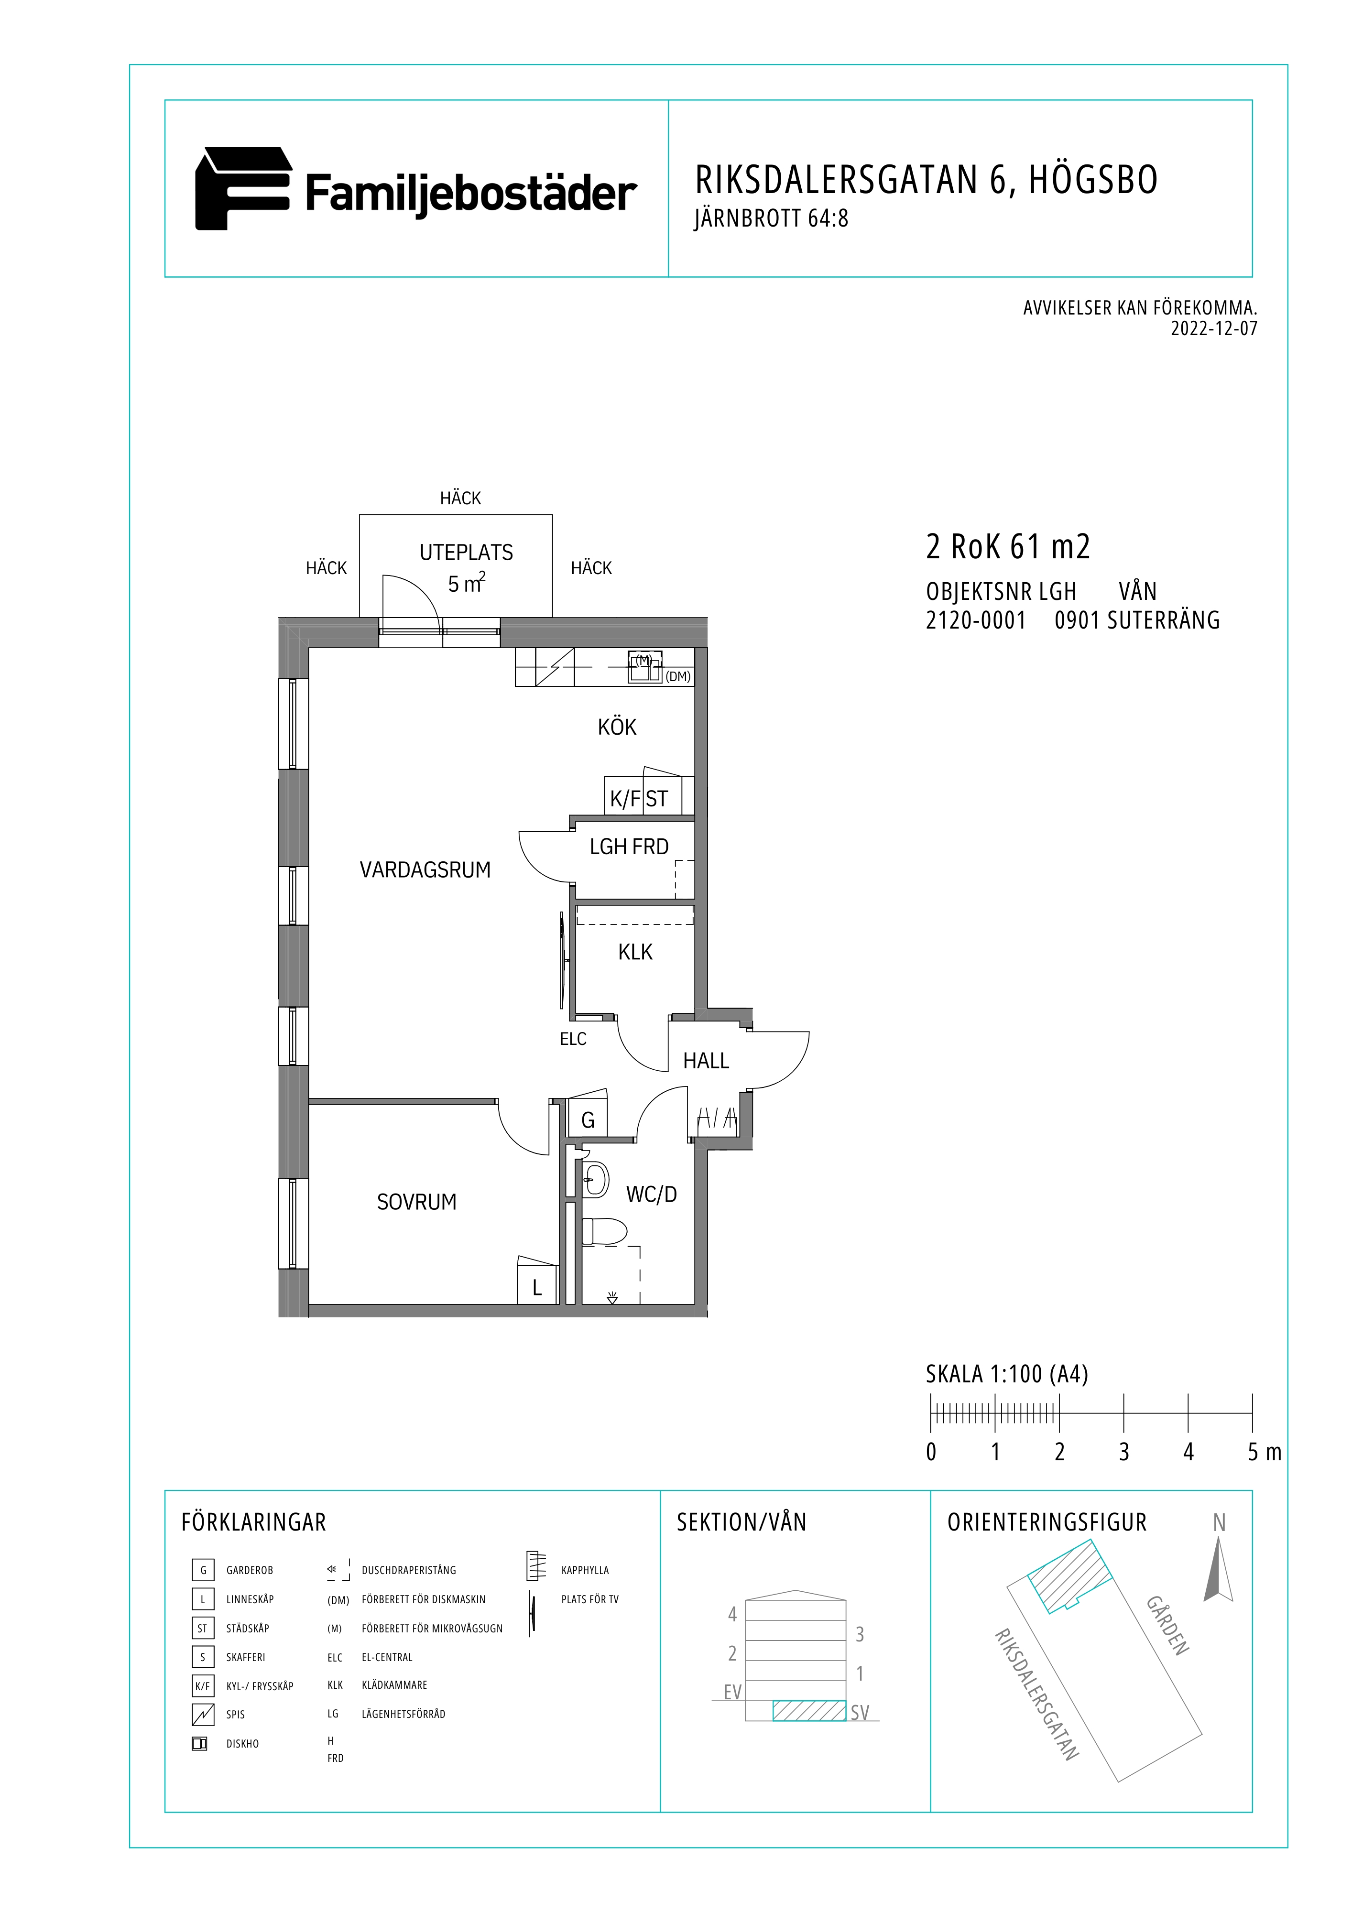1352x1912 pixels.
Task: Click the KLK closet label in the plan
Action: pyautogui.click(x=635, y=952)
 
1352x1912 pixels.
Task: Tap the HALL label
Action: pyautogui.click(x=706, y=1061)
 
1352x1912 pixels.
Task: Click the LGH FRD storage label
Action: pyautogui.click(x=629, y=847)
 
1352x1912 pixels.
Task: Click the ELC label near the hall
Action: pyautogui.click(x=573, y=1039)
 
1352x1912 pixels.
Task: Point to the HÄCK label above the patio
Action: pyautogui.click(x=461, y=498)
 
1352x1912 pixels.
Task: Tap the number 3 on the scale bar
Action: pyautogui.click(x=1124, y=1452)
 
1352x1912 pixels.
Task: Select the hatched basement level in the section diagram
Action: pyautogui.click(x=809, y=1710)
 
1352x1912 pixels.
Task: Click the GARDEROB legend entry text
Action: pyautogui.click(x=250, y=1571)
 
